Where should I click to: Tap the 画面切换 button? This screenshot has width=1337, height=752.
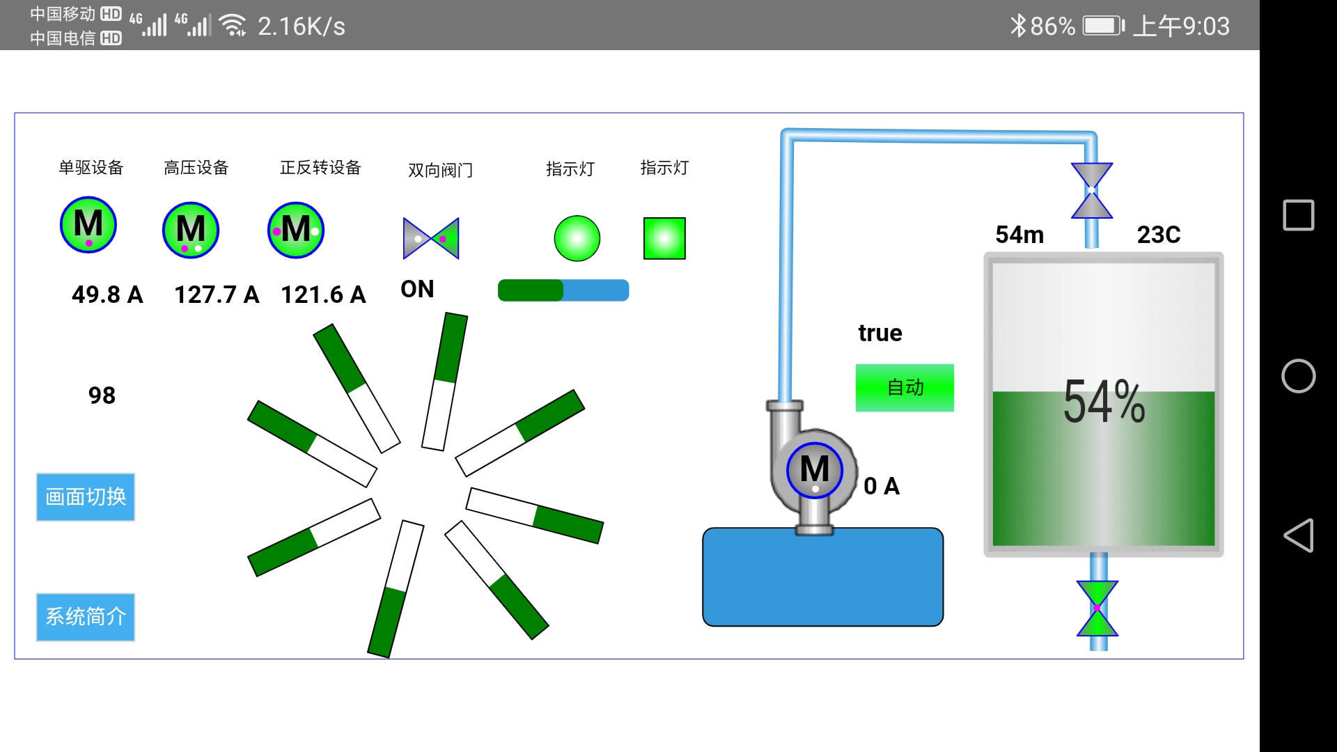pyautogui.click(x=85, y=497)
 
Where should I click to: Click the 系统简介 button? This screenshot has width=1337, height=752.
pyautogui.click(x=85, y=617)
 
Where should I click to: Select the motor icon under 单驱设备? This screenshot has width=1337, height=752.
pyautogui.click(x=88, y=225)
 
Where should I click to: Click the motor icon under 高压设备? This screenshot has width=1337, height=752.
pyautogui.click(x=191, y=230)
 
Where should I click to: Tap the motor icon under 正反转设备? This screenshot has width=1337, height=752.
pyautogui.click(x=296, y=230)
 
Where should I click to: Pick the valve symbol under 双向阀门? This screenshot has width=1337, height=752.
pyautogui.click(x=431, y=238)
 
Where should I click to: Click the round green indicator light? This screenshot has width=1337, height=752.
pyautogui.click(x=577, y=238)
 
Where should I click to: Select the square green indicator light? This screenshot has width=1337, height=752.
pyautogui.click(x=664, y=238)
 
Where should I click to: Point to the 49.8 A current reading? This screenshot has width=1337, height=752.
pyautogui.click(x=107, y=295)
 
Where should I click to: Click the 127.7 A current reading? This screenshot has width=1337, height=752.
pyautogui.click(x=217, y=295)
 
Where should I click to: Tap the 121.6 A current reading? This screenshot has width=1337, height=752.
pyautogui.click(x=323, y=295)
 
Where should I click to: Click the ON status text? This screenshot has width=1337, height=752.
pyautogui.click(x=417, y=289)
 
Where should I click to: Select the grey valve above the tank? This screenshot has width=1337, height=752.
pyautogui.click(x=1091, y=190)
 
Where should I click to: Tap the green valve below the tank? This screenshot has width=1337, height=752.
pyautogui.click(x=1097, y=609)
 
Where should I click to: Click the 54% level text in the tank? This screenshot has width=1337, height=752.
pyautogui.click(x=1104, y=402)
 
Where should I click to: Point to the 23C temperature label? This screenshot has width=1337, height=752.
pyautogui.click(x=1159, y=235)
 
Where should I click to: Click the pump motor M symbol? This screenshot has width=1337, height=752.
pyautogui.click(x=815, y=470)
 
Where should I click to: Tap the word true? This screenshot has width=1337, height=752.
pyautogui.click(x=880, y=333)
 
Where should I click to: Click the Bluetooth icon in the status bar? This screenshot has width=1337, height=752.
pyautogui.click(x=1018, y=26)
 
